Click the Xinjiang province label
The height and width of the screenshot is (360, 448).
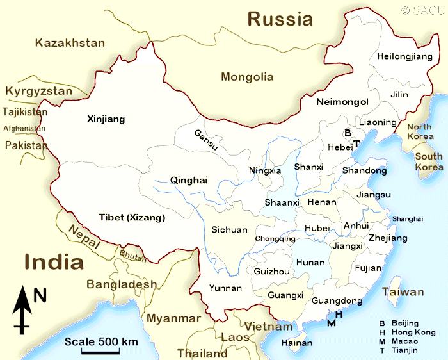click(x=106, y=119)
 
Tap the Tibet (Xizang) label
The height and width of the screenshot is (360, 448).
click(x=132, y=218)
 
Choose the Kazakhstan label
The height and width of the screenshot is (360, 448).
click(x=70, y=43)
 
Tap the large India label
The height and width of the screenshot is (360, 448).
click(x=54, y=262)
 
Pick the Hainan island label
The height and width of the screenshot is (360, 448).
click(x=297, y=343)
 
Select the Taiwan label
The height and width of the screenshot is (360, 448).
click(x=403, y=292)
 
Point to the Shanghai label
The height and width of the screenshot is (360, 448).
click(x=408, y=219)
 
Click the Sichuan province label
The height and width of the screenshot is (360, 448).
click(x=229, y=229)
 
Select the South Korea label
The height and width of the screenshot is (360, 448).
click(x=428, y=161)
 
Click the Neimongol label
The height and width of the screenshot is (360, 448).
click(x=342, y=102)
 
